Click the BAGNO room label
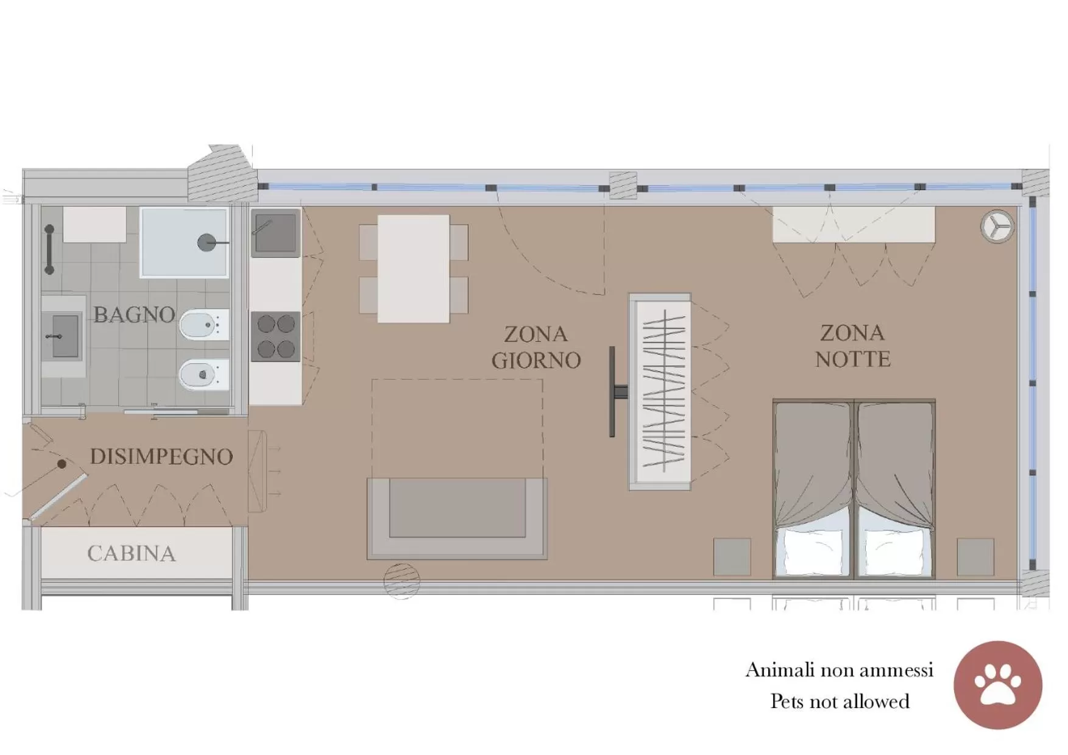(134, 315)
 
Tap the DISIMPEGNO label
(161, 456)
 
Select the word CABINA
(132, 553)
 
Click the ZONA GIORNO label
(536, 347)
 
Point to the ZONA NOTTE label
(852, 346)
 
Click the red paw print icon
(997, 684)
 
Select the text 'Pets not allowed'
(840, 701)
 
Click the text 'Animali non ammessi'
(839, 670)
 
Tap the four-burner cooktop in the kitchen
(275, 336)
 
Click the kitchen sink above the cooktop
(275, 232)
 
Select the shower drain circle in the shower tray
(207, 243)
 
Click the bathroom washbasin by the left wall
(63, 336)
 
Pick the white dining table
(413, 268)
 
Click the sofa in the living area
(457, 518)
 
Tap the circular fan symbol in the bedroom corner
(997, 226)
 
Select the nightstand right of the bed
(975, 556)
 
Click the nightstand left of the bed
(732, 556)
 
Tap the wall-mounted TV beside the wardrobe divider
(613, 391)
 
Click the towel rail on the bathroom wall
(49, 250)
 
